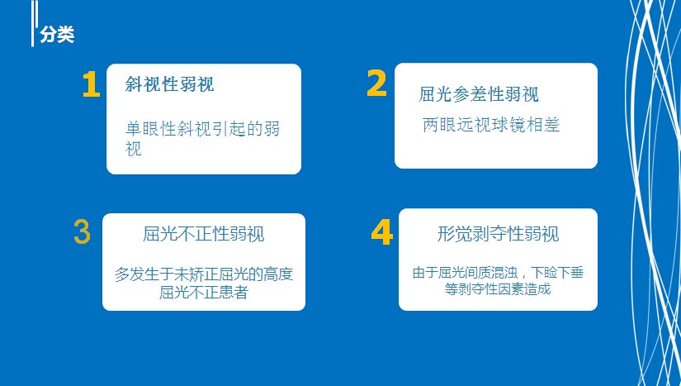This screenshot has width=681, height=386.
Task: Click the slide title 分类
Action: [57, 35]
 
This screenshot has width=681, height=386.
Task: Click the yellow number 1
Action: [91, 83]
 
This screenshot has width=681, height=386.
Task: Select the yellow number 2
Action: [376, 83]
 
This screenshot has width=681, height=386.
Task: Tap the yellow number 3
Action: [82, 231]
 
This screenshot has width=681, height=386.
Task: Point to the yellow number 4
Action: [381, 232]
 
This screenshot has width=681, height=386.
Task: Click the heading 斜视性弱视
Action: [169, 84]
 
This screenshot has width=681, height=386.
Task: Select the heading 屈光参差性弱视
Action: [479, 94]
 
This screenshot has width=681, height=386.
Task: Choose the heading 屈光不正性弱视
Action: [203, 234]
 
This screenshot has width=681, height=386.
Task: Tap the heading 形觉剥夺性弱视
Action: [498, 234]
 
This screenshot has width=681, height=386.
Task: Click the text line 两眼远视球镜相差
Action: [491, 125]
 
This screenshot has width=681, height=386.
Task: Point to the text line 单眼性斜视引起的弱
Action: [202, 129]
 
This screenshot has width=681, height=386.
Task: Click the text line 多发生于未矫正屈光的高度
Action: [204, 274]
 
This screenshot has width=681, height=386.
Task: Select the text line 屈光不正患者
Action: [203, 292]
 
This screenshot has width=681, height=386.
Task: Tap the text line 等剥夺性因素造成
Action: [498, 288]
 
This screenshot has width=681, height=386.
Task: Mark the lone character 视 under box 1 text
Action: [134, 148]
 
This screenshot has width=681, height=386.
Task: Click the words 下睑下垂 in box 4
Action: [557, 273]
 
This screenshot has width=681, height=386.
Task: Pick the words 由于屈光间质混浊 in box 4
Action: [465, 273]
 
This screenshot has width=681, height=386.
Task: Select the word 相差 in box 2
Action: [543, 125]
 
